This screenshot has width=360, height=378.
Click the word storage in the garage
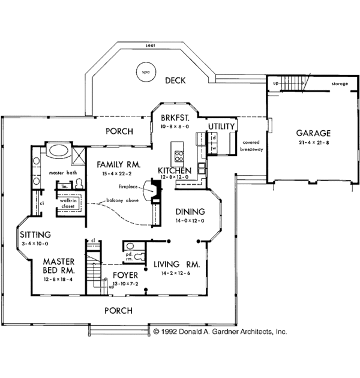click(x=339, y=84)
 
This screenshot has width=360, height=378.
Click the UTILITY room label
click(x=221, y=127)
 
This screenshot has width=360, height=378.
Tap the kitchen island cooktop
click(x=179, y=157)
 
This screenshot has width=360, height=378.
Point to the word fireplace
click(x=130, y=187)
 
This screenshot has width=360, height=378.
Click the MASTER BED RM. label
click(x=58, y=266)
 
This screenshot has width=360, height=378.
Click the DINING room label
click(x=190, y=212)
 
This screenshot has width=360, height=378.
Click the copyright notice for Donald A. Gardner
click(x=220, y=331)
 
